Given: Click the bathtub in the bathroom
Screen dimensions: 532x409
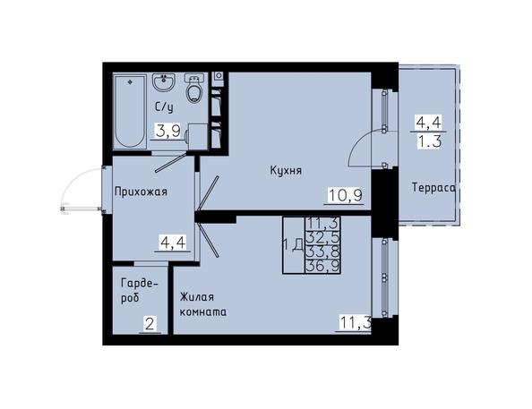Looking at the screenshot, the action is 130,111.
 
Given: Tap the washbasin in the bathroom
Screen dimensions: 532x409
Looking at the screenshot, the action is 164,82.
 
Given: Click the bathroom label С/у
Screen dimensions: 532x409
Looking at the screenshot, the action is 164,107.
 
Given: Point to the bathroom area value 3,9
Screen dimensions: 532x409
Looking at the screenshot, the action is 167,131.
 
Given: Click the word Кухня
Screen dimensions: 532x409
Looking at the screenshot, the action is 286,170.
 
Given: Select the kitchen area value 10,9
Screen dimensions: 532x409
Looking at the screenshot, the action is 346,195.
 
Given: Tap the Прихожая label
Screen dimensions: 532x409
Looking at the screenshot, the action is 141,192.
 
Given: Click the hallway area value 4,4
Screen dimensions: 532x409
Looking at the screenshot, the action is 173,243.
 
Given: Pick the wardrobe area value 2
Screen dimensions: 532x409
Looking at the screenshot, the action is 150,325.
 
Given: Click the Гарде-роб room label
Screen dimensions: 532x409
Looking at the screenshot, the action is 140,290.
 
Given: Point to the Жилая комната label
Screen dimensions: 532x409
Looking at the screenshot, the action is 203,304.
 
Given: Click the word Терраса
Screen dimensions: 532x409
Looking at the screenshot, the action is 433,187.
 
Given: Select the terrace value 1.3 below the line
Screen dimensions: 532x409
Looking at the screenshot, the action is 429,141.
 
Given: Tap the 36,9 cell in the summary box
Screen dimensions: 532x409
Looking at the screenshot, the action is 322,267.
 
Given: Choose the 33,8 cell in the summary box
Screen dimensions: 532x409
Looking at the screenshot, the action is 322,252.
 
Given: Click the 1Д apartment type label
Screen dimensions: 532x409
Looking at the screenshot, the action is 293,245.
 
